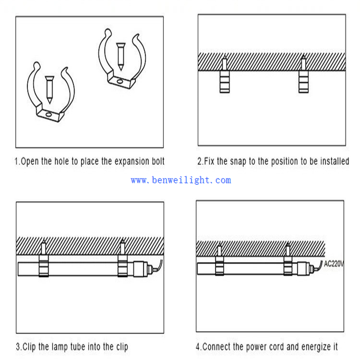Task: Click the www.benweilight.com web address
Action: coord(181,180)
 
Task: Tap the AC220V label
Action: coord(334,264)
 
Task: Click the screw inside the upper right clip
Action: coord(121,56)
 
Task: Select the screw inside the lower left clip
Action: coord(49,90)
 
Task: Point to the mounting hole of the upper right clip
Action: coord(120,82)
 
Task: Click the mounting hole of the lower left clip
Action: coord(48,114)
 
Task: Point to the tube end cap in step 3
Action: coord(143,269)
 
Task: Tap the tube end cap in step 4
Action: coord(307,269)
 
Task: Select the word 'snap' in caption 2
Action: coord(238,161)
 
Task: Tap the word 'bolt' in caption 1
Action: coord(158,161)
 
